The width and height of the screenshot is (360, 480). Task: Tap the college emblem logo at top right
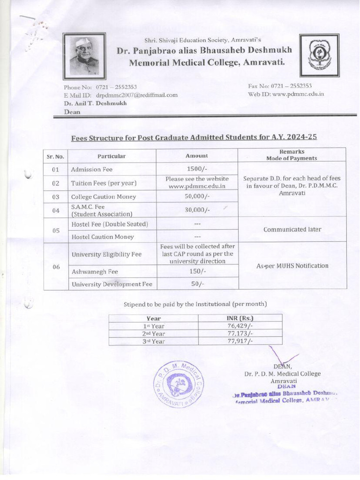(x=319, y=55)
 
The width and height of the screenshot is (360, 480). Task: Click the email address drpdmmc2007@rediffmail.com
(x=140, y=95)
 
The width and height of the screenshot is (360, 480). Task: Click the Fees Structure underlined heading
(x=194, y=137)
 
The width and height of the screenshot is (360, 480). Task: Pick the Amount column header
(x=197, y=156)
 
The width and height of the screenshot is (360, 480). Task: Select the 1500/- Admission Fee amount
(x=197, y=169)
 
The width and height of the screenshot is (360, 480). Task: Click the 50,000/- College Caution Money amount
(x=197, y=196)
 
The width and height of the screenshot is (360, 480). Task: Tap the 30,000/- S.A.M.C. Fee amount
(x=197, y=210)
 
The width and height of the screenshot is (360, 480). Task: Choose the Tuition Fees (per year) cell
(x=104, y=183)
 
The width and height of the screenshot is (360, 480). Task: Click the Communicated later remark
(x=292, y=230)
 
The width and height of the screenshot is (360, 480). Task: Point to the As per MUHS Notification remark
(x=292, y=266)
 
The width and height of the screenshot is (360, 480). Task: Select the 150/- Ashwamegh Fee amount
(x=197, y=271)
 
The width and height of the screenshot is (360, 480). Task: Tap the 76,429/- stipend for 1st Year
(x=240, y=326)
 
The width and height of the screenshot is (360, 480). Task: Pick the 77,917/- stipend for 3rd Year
(x=240, y=341)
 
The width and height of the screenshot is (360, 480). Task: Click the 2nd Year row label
(x=154, y=334)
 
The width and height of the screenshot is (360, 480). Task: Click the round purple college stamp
(x=179, y=384)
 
